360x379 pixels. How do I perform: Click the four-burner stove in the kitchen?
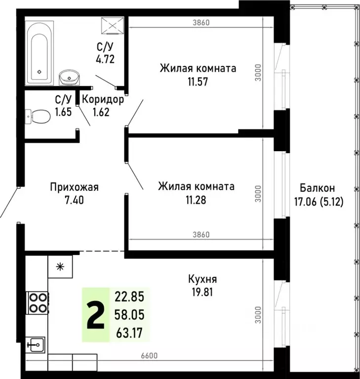(x=37, y=302)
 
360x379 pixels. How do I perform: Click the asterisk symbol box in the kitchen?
(x=60, y=267)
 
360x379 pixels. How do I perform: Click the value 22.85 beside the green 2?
(x=129, y=297)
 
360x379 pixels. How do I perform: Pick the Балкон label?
(x=317, y=188)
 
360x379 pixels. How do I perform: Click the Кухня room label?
(x=202, y=279)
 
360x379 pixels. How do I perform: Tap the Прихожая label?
(x=75, y=187)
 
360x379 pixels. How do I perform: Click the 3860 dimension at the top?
(x=201, y=22)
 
